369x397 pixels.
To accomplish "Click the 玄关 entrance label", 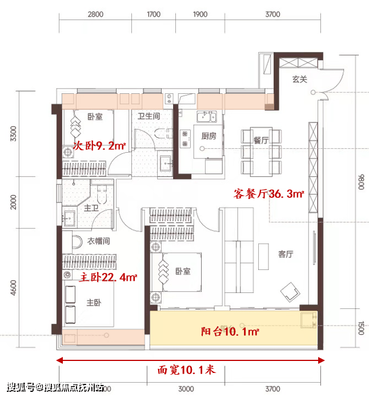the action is [300, 80].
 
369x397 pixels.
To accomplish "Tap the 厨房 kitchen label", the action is [208, 136].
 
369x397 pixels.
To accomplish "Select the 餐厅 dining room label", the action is [261, 140].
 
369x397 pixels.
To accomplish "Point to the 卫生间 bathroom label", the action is [149, 116].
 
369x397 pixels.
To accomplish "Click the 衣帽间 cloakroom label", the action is [99, 241].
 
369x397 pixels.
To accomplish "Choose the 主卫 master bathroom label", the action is [91, 208].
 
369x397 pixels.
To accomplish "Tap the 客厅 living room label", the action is [286, 254].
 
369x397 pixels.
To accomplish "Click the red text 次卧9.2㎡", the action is [99, 146].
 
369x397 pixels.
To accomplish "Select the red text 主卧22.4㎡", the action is [108, 277].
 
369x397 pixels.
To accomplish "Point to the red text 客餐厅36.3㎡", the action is [268, 194].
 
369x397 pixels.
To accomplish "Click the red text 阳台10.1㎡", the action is [230, 331].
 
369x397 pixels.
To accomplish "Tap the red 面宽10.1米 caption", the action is [187, 370].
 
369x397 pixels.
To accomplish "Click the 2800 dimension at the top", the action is [95, 14].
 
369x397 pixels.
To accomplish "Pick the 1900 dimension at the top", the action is [200, 14].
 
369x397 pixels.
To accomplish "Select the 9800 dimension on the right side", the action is [362, 182].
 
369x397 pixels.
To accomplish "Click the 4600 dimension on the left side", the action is [13, 288].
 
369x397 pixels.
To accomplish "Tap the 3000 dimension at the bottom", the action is [186, 389].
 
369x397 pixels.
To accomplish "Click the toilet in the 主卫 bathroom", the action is [102, 194].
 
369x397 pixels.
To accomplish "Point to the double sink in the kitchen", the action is [207, 117].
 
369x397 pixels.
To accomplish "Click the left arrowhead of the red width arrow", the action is [59, 360].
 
